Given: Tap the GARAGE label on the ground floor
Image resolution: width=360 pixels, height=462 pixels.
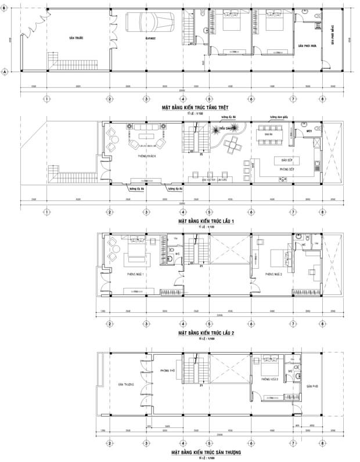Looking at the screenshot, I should (150, 38).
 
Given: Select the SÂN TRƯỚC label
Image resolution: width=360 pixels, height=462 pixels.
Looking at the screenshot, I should (75, 38).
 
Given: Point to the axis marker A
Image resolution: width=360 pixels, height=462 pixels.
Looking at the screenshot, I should (5, 71).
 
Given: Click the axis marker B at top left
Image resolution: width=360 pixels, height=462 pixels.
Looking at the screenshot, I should (5, 8).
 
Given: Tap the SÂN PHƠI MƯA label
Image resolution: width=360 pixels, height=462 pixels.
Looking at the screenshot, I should (306, 45).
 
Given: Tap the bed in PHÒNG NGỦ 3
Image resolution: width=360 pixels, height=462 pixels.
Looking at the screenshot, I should (269, 366).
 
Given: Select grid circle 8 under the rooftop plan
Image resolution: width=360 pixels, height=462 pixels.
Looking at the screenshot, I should (322, 443).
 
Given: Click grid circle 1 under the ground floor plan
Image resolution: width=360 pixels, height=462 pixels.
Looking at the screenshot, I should (45, 98).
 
